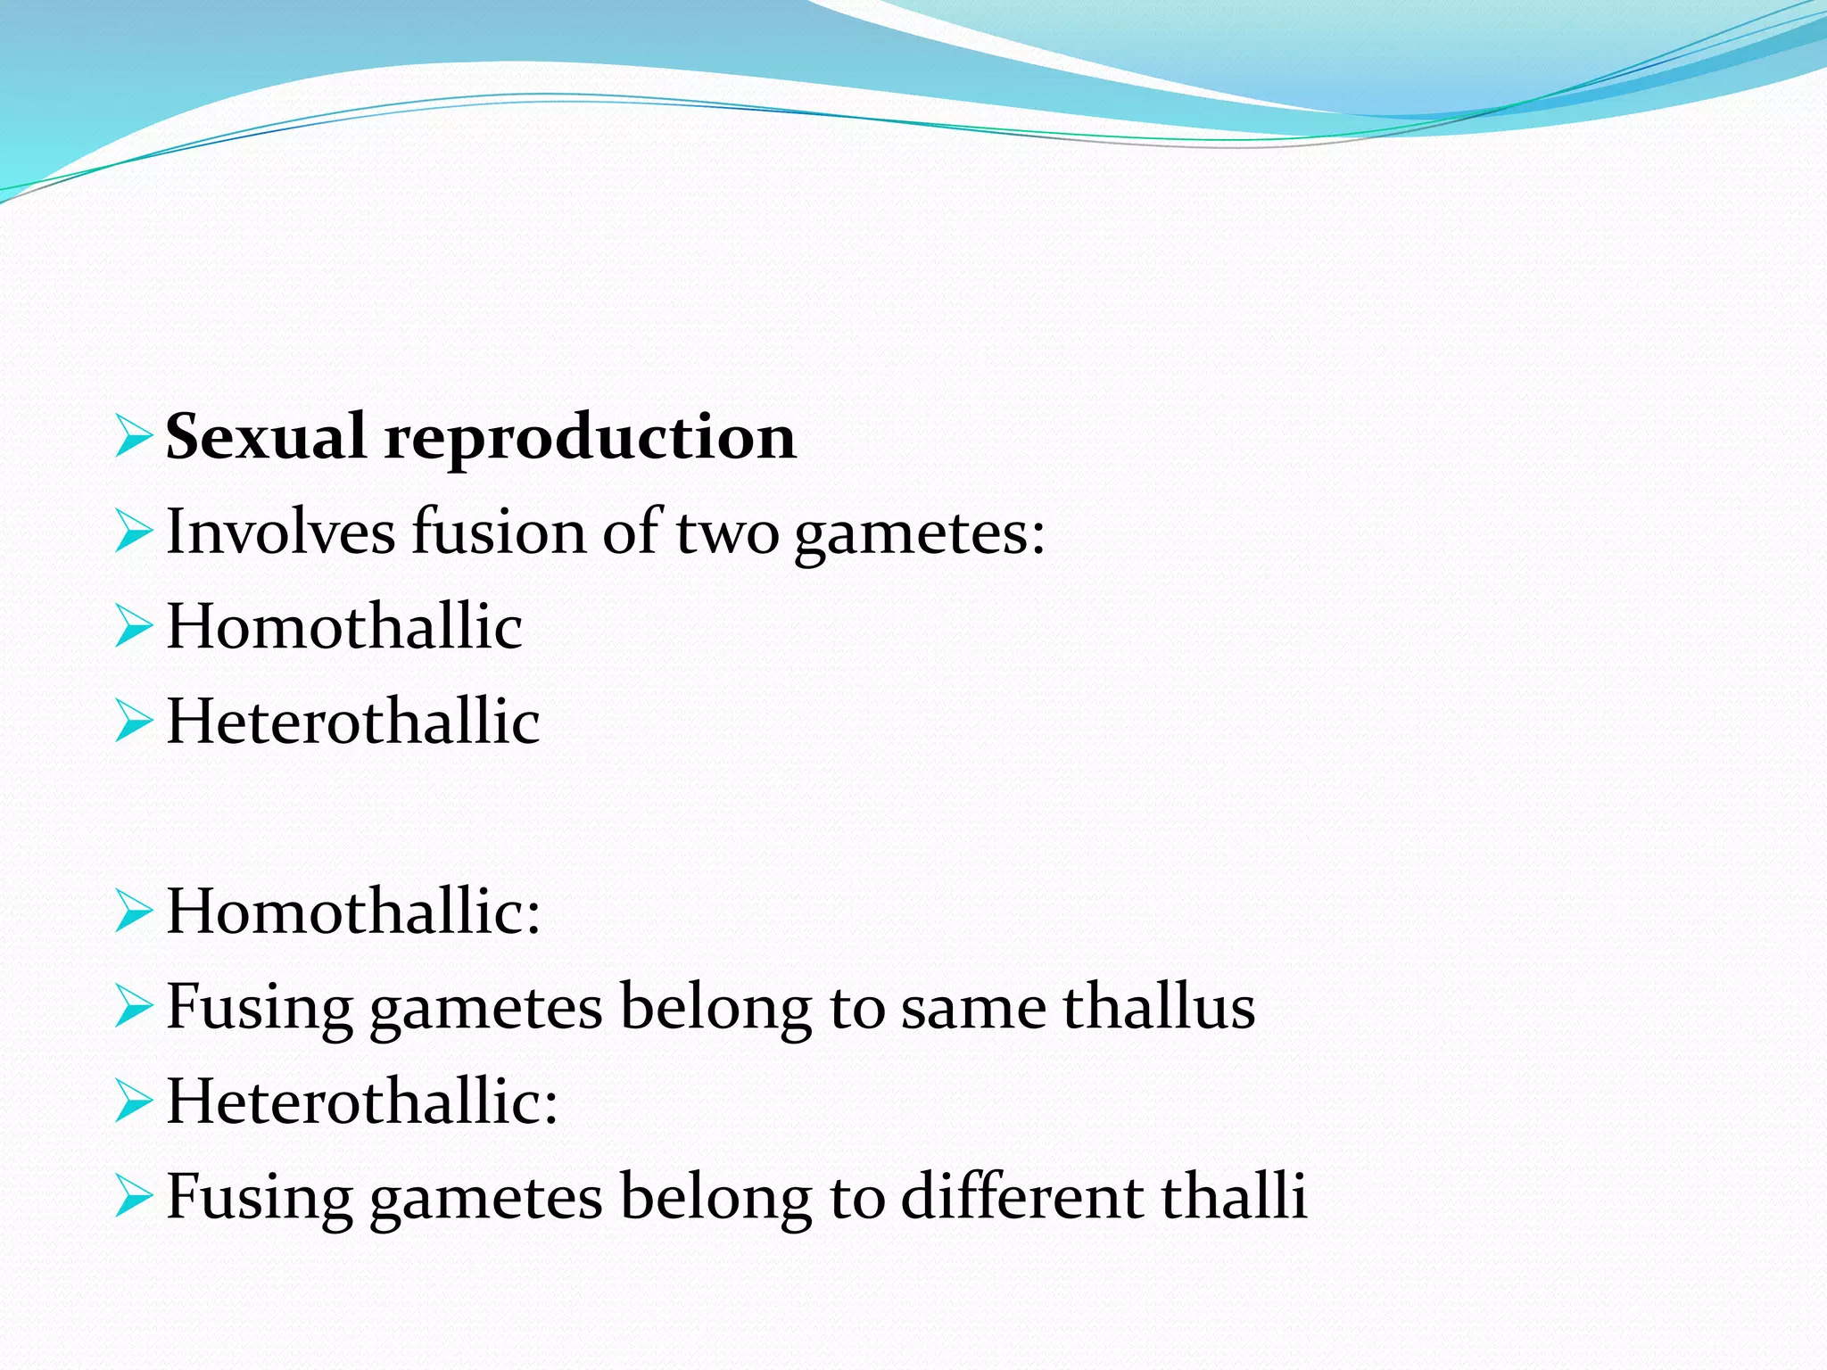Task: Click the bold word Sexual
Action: pyautogui.click(x=265, y=437)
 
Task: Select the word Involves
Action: pyautogui.click(x=280, y=532)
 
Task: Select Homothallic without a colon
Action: pyautogui.click(x=344, y=626)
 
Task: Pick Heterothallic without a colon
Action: pyautogui.click(x=353, y=721)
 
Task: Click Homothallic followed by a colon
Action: pyautogui.click(x=353, y=912)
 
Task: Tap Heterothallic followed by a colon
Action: pyautogui.click(x=362, y=1101)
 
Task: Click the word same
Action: pyautogui.click(x=973, y=1008)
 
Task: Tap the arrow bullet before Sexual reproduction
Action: pyautogui.click(x=134, y=436)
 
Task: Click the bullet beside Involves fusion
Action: pyautogui.click(x=134, y=532)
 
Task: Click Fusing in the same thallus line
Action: pyautogui.click(x=260, y=1008)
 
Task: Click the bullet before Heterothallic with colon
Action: pyautogui.click(x=134, y=1101)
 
